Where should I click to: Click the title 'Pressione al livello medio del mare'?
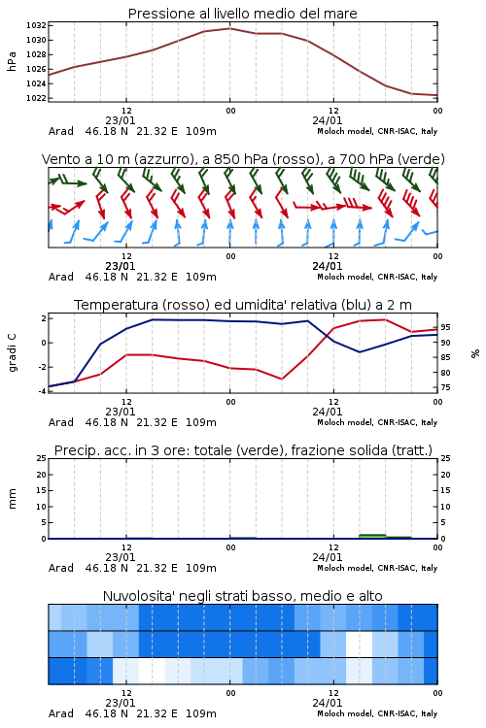pyautogui.click(x=242, y=14)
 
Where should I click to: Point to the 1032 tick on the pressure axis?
pyautogui.click(x=36, y=25)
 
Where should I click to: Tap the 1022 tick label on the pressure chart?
pyautogui.click(x=36, y=98)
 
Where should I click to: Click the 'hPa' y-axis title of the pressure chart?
pyautogui.click(x=12, y=61)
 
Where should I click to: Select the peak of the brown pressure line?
pyautogui.click(x=229, y=28)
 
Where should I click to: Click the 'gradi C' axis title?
pyautogui.click(x=12, y=353)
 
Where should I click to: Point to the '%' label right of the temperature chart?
pyautogui.click(x=475, y=353)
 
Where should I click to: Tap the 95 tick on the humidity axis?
pyautogui.click(x=445, y=327)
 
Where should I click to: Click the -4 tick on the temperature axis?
pyautogui.click(x=43, y=391)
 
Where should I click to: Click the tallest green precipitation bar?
pyautogui.click(x=372, y=536)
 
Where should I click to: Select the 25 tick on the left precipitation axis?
pyautogui.click(x=42, y=458)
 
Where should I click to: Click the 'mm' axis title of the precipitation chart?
pyautogui.click(x=12, y=499)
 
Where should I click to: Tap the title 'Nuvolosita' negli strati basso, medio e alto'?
pyautogui.click(x=242, y=596)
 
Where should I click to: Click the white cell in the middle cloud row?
pyautogui.click(x=359, y=644)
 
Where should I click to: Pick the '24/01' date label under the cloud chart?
pyautogui.click(x=327, y=703)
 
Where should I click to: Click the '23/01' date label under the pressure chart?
pyautogui.click(x=121, y=120)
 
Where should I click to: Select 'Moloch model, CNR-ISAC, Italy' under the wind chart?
pyautogui.click(x=377, y=277)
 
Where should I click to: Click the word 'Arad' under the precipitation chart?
pyautogui.click(x=61, y=568)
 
